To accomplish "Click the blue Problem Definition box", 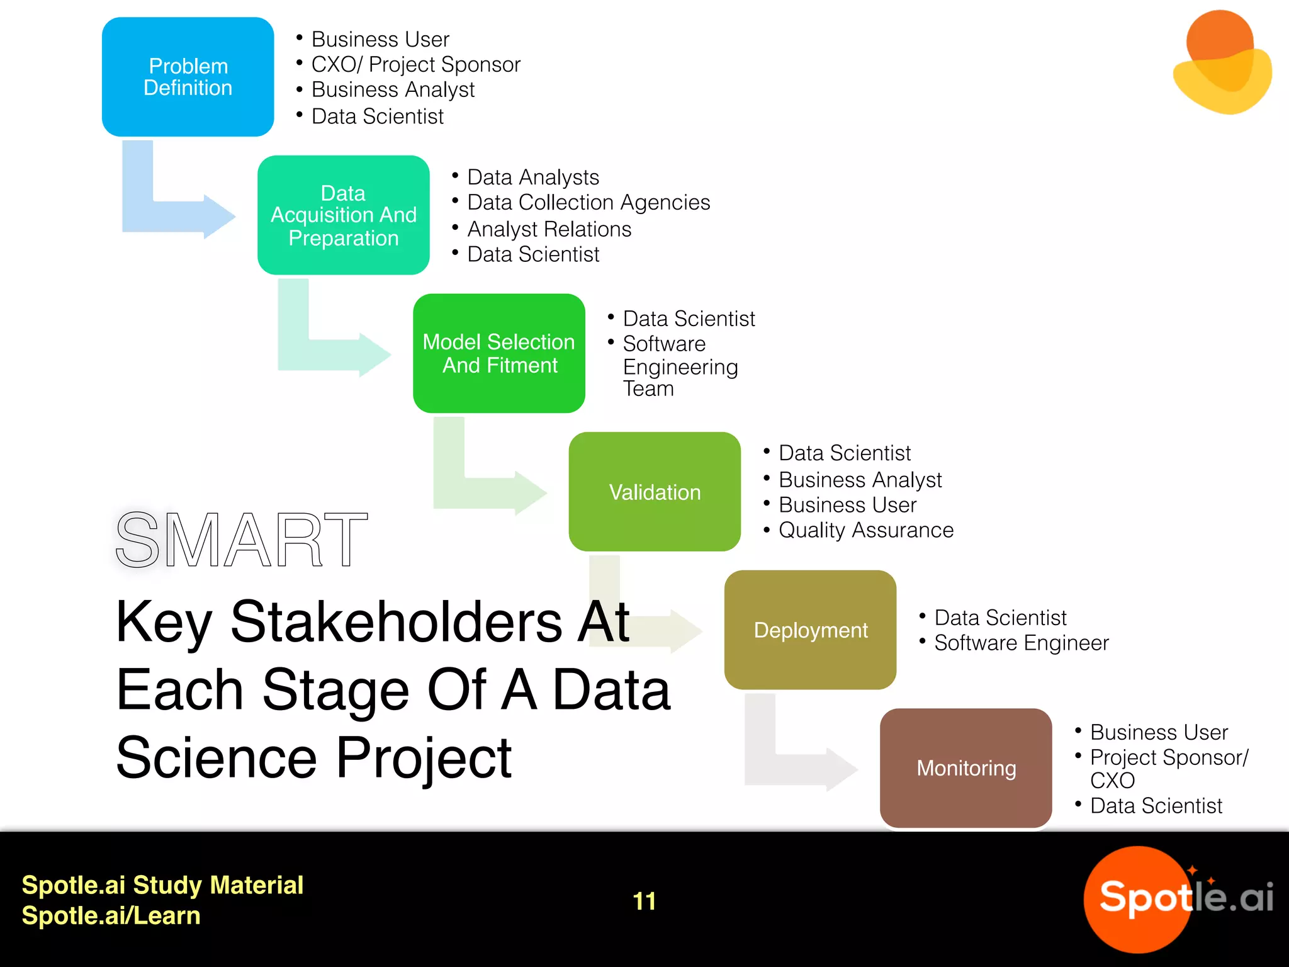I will (x=188, y=77).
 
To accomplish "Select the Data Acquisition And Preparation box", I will (x=343, y=215).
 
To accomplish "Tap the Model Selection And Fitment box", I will (x=498, y=353).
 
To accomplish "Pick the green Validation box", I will (x=654, y=492).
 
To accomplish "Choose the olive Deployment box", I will (x=810, y=630).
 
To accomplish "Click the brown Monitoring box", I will (x=965, y=768).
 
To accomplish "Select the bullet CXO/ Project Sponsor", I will (x=415, y=64).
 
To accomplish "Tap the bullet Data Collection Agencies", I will (x=588, y=203).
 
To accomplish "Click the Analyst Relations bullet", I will (x=549, y=229).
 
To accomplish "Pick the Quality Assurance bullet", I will (x=865, y=530).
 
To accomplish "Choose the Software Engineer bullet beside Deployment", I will (x=1021, y=643).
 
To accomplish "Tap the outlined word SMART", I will (x=241, y=540).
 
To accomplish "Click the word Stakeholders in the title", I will (x=396, y=622).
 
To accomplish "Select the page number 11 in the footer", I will (x=644, y=901).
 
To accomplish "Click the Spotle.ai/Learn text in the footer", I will (x=111, y=915).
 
